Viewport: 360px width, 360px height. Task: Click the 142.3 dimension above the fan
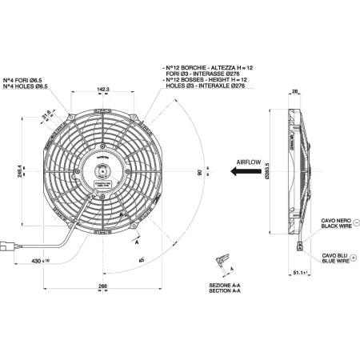coord(103,90)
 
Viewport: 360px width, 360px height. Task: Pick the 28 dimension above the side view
coord(294,92)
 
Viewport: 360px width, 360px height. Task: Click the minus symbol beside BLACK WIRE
coord(354,226)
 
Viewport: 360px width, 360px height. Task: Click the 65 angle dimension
coord(141,260)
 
